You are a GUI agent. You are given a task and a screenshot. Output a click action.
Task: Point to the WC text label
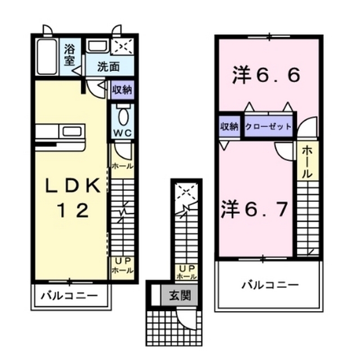click(122, 133)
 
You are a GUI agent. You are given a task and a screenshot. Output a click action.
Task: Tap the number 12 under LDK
click(71, 211)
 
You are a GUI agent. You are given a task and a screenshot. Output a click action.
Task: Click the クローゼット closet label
click(268, 127)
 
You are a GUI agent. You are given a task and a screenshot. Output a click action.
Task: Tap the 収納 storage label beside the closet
click(229, 127)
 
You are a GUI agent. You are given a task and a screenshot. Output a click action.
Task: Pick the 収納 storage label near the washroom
click(122, 89)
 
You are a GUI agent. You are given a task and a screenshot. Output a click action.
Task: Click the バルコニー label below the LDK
click(71, 295)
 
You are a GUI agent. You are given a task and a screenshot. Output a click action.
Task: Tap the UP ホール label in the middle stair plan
click(186, 272)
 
